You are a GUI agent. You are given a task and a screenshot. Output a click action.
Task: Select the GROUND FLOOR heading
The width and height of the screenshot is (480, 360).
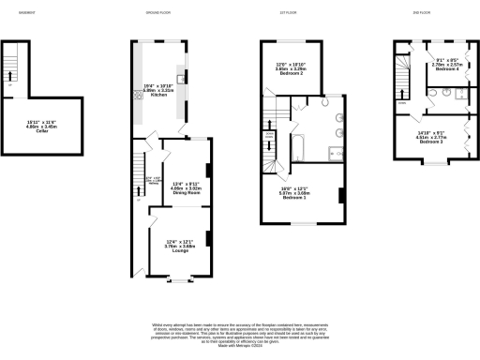[x=158, y=12]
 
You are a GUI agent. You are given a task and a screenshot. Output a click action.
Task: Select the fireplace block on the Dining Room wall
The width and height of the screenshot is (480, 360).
[x=206, y=171]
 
